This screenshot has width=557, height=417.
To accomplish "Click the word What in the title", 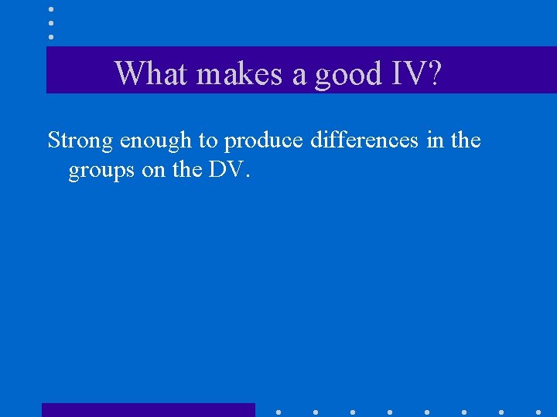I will click(152, 73).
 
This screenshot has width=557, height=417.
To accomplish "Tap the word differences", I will click(361, 141).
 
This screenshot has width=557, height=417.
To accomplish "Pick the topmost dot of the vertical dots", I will click(50, 8).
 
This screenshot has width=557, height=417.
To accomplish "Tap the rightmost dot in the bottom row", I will click(538, 412).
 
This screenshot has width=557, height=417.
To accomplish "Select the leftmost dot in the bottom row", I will click(278, 412).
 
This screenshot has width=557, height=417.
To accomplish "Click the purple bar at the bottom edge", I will click(148, 410).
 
